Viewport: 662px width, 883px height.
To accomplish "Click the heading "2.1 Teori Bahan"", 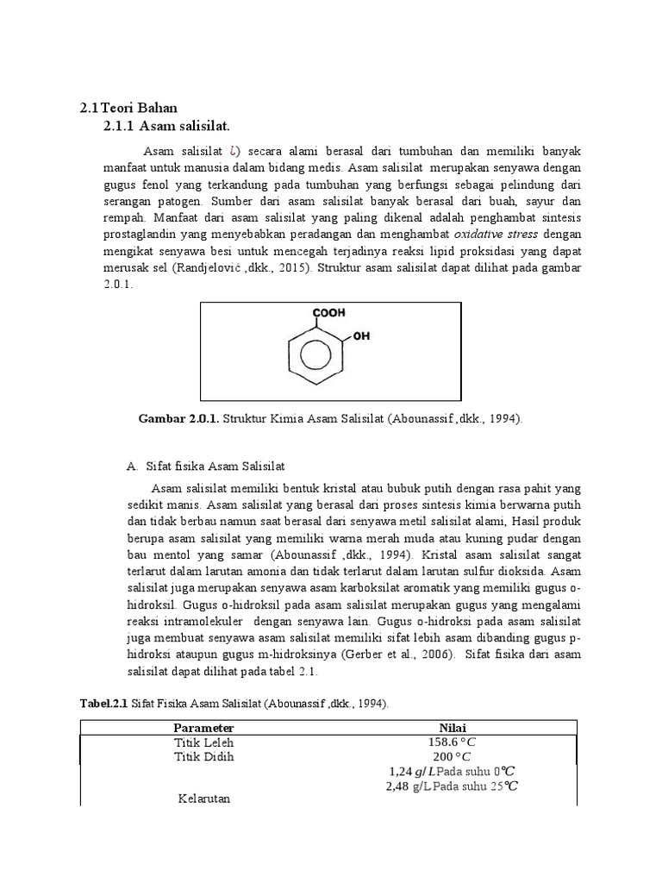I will coord(128,108).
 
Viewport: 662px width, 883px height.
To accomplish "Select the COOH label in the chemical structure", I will coord(327,314).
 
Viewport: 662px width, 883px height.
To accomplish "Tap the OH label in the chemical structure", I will coord(360,337).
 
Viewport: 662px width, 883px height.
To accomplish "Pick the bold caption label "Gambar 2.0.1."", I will coord(178,419).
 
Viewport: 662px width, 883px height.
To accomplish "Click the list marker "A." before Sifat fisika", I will coord(132,467).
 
